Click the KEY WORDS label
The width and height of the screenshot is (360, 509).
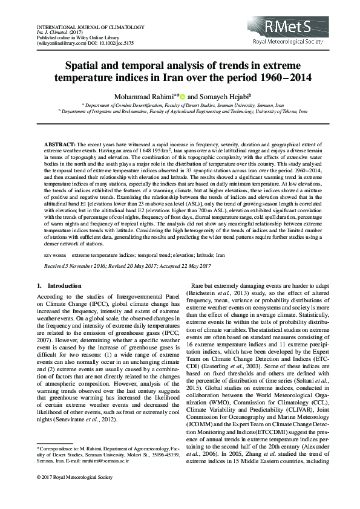[56, 256]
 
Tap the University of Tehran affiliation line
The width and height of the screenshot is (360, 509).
[182, 111]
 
